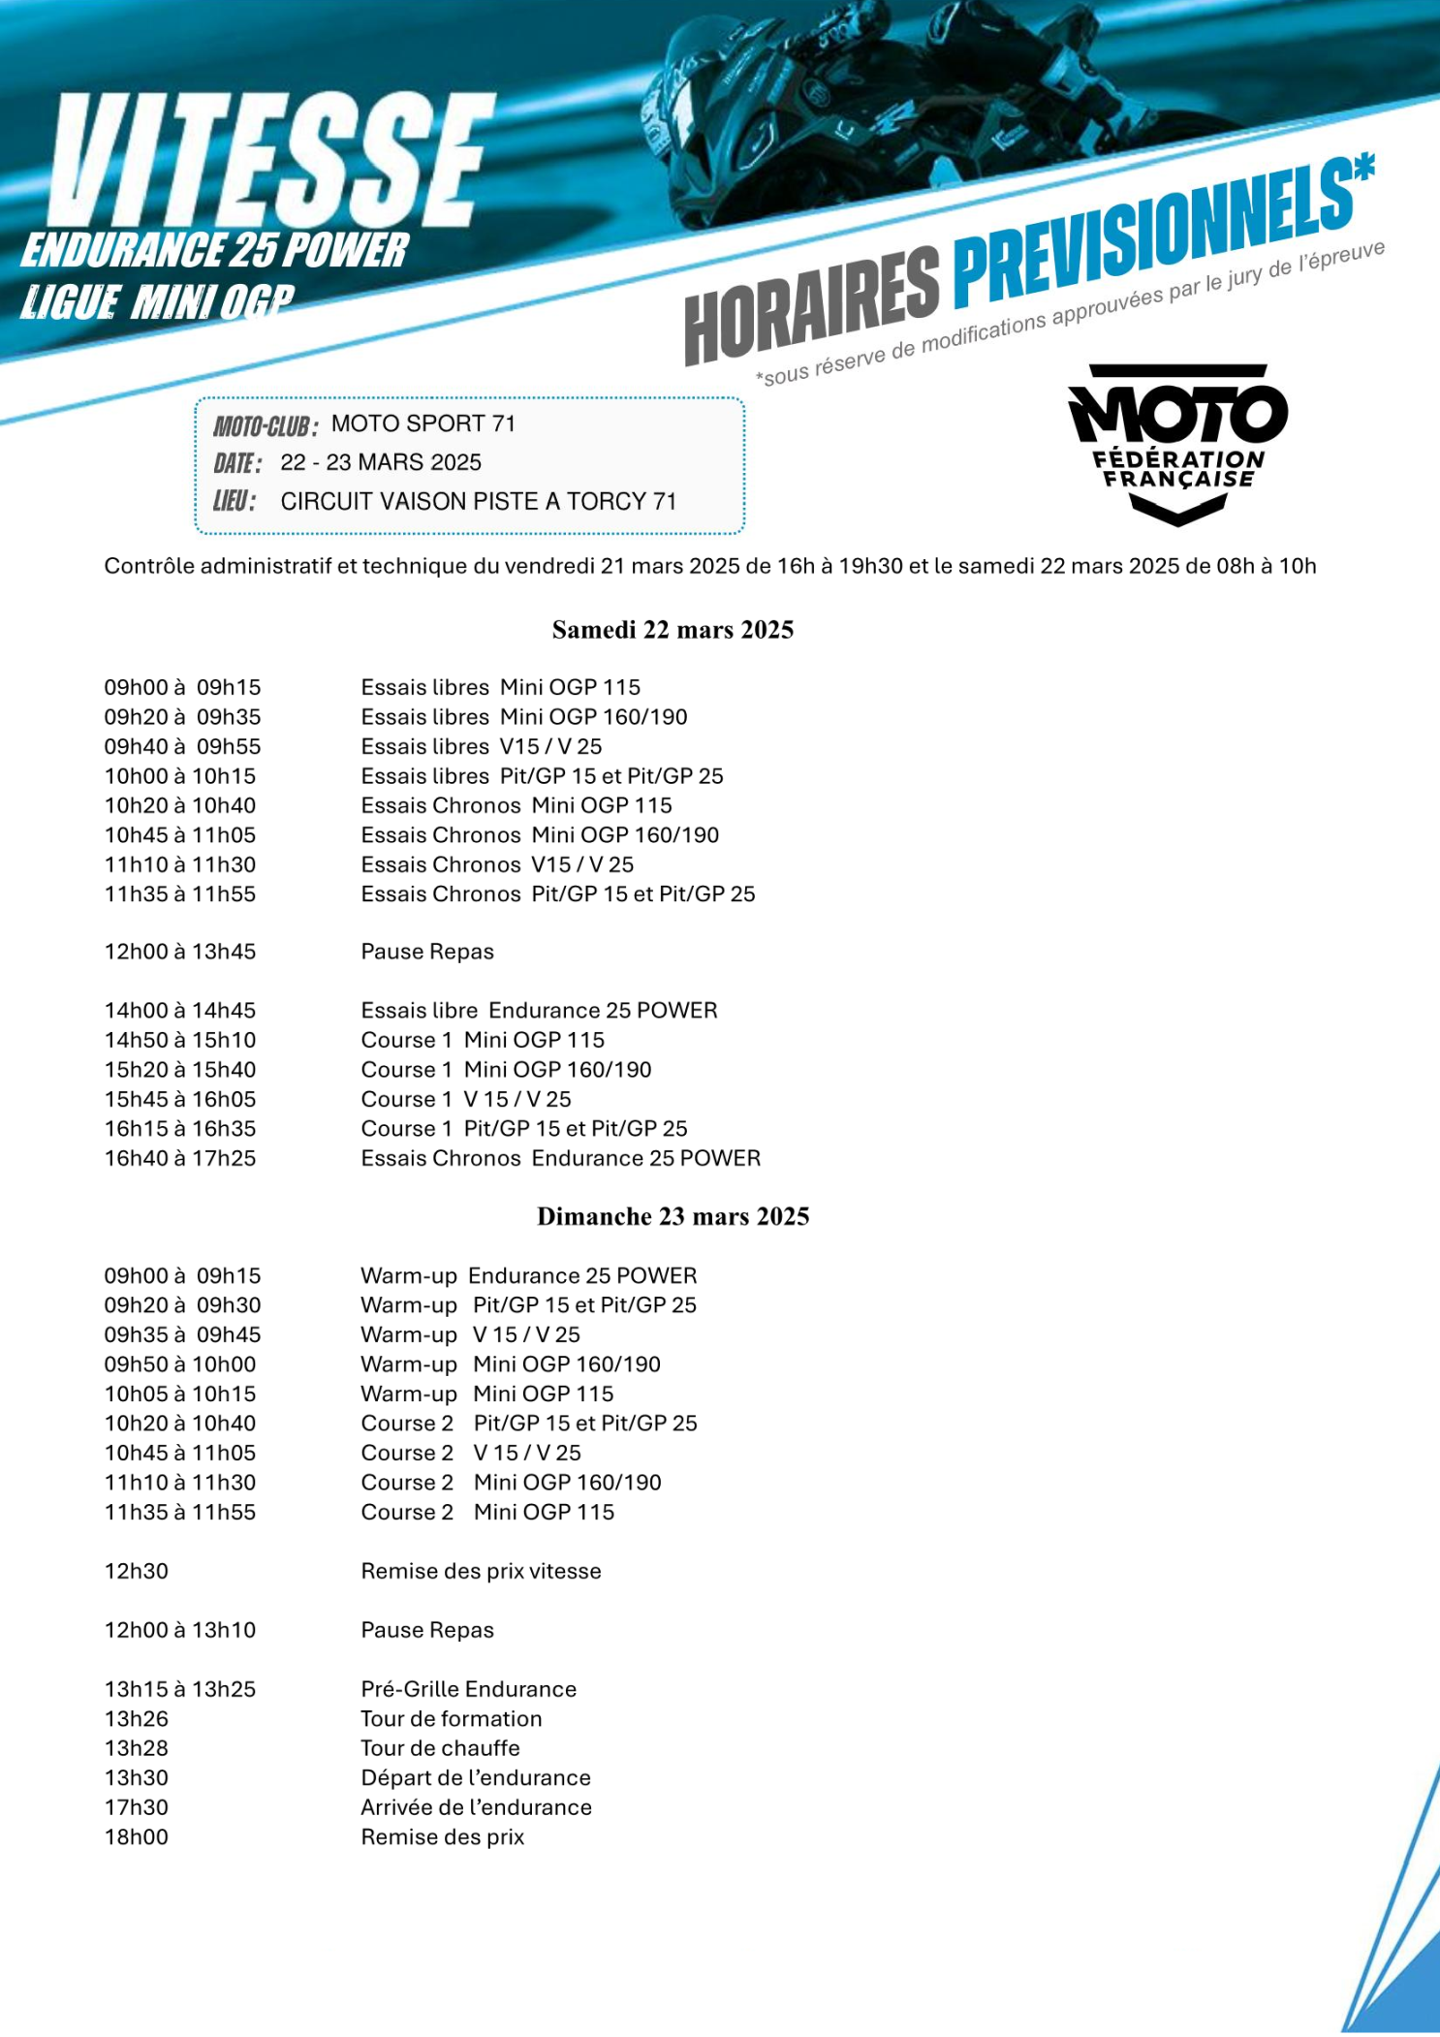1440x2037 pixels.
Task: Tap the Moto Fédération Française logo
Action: click(1177, 443)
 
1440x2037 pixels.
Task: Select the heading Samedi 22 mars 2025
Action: click(673, 630)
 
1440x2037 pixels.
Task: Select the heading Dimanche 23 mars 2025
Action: click(673, 1216)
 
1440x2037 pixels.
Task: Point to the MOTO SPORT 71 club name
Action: click(423, 423)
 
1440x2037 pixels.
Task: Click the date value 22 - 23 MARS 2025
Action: click(381, 462)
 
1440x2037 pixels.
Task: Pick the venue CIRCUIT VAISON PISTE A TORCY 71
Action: click(479, 501)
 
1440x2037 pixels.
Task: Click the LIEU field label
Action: click(234, 501)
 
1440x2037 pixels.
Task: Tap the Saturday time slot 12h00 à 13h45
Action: click(180, 952)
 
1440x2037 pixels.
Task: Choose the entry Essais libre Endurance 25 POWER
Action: click(539, 1010)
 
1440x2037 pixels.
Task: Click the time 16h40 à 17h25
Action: click(180, 1158)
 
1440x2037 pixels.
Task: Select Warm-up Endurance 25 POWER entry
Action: click(528, 1275)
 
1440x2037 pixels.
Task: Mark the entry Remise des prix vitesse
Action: click(481, 1571)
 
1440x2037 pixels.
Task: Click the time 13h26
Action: click(137, 1718)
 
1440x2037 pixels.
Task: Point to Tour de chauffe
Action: click(440, 1748)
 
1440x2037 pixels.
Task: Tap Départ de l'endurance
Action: click(475, 1777)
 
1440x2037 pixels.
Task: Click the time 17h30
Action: click(137, 1807)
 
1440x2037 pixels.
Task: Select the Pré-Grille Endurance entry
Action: click(468, 1689)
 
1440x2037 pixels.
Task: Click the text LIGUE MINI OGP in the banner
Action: click(157, 302)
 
